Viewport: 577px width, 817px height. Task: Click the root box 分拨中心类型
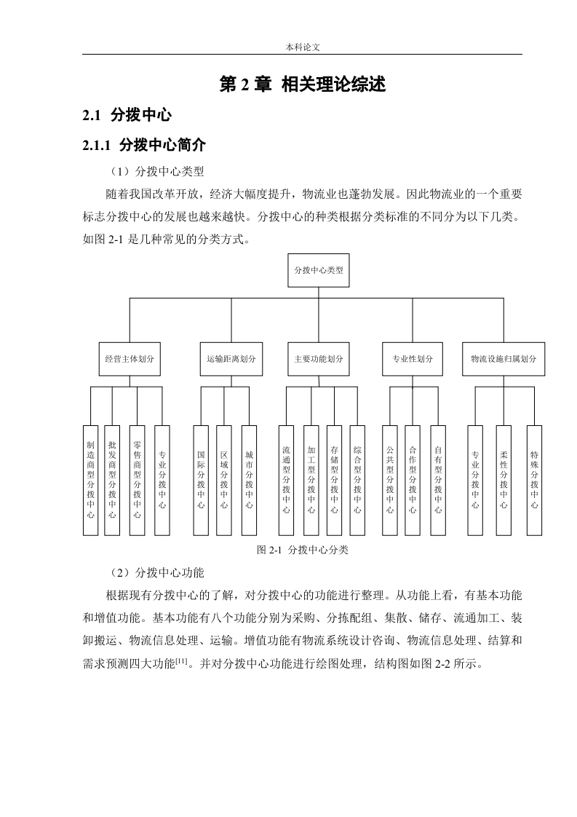pos(318,270)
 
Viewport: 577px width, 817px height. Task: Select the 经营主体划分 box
pos(130,359)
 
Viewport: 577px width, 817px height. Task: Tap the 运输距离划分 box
pos(231,359)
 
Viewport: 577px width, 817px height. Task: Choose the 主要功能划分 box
pos(318,359)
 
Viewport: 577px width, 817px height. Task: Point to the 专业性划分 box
pos(413,359)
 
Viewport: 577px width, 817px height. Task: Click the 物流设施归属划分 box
pos(504,359)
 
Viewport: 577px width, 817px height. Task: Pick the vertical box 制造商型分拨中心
pos(91,481)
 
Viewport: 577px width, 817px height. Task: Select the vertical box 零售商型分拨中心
pos(137,481)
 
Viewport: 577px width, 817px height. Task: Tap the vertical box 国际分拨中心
pos(201,481)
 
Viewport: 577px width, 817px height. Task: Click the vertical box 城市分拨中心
pos(249,481)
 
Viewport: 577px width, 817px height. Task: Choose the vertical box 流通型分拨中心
pos(287,481)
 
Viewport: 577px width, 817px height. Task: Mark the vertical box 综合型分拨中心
pos(357,481)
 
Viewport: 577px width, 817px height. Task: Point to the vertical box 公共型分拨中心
pos(390,481)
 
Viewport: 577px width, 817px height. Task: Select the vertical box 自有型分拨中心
pos(438,481)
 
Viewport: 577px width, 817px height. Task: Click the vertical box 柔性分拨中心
pos(504,481)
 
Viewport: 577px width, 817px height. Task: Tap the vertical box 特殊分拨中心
pos(534,481)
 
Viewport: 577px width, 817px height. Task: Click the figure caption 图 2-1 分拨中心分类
pos(303,550)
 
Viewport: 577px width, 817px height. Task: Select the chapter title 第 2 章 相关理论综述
pos(303,84)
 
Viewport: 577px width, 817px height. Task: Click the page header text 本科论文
pos(303,47)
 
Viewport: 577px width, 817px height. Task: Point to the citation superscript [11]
pos(181,661)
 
